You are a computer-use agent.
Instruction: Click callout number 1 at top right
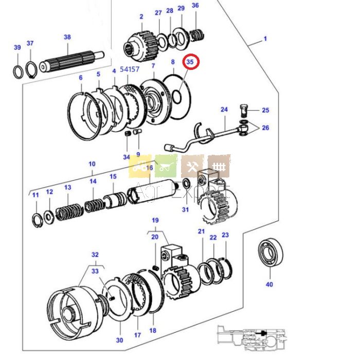point(265,39)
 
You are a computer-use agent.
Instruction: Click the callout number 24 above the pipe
point(224,110)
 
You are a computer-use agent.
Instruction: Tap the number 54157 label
point(130,68)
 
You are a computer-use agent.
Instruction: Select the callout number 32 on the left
point(95,255)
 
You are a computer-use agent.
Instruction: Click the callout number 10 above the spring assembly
point(92,164)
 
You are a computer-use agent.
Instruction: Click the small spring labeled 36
point(196,36)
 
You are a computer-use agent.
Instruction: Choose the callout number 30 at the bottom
point(119,340)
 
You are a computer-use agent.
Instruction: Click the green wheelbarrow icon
point(166,166)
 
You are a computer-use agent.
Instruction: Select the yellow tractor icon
point(140,166)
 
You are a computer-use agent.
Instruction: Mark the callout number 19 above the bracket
point(155,220)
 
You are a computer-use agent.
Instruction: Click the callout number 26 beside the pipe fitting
point(265,128)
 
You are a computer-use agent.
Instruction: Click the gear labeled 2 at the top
point(138,39)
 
